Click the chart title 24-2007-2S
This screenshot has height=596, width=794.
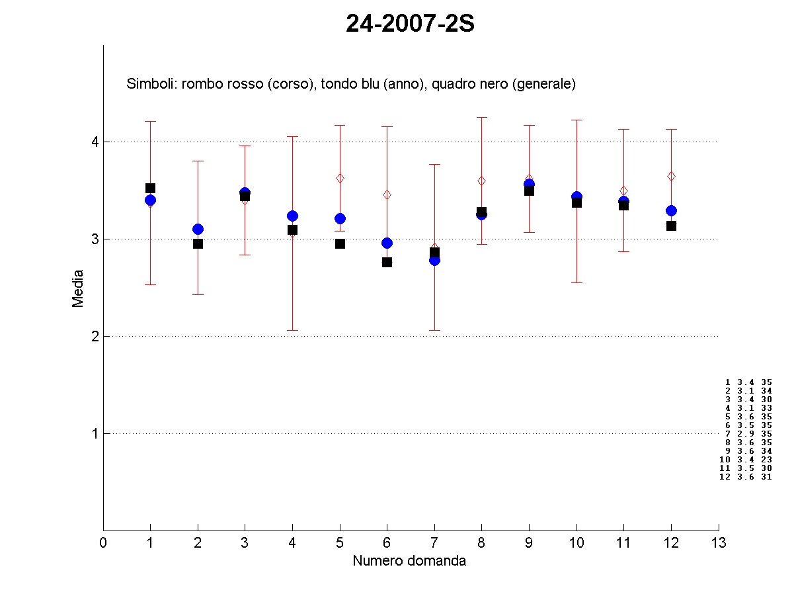[411, 24]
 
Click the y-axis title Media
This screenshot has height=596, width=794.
[78, 288]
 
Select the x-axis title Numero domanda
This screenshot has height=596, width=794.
[409, 561]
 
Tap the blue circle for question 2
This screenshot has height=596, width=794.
[198, 229]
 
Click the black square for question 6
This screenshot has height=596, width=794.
[387, 262]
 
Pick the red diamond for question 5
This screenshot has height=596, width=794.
[340, 178]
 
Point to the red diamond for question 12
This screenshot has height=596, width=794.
[671, 176]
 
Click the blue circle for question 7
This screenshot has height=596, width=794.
[434, 260]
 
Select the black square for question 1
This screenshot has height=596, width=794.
[150, 189]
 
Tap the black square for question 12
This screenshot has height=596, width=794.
[671, 226]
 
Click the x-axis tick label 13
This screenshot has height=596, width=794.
[719, 543]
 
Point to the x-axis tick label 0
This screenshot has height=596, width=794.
[103, 543]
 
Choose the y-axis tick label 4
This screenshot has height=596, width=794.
[95, 142]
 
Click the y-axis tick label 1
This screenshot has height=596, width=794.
[95, 434]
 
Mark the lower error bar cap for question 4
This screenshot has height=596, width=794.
[292, 330]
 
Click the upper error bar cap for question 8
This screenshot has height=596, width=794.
[481, 117]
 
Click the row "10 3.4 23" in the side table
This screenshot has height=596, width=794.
[746, 459]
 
